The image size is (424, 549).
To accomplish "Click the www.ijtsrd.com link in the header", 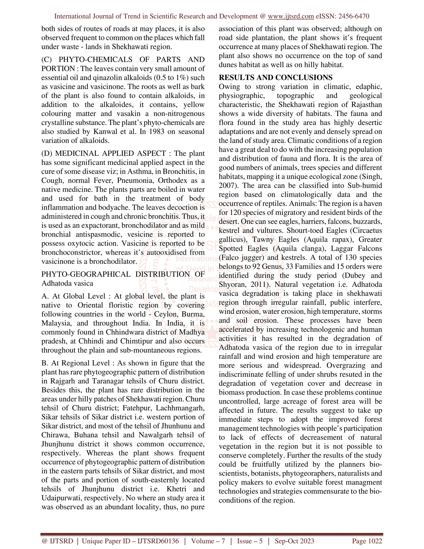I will tap(291, 16).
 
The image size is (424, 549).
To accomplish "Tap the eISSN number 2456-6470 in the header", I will tap(354, 16).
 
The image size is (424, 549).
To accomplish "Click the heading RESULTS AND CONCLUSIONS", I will tap(276, 77).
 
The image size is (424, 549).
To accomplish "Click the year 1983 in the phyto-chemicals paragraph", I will tap(157, 132).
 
